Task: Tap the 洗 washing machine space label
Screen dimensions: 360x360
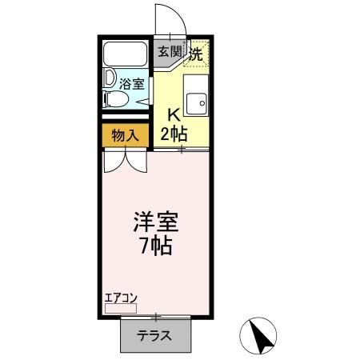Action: point(195,53)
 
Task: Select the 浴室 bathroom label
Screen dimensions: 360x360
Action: point(132,83)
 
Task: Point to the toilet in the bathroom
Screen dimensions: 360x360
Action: point(116,99)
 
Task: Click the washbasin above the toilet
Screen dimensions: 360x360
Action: point(110,79)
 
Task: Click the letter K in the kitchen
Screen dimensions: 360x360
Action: point(171,114)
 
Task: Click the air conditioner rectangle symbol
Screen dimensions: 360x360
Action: point(121,307)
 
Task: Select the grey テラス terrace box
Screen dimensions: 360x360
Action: point(157,335)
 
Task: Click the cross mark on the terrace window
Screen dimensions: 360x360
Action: point(157,318)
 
